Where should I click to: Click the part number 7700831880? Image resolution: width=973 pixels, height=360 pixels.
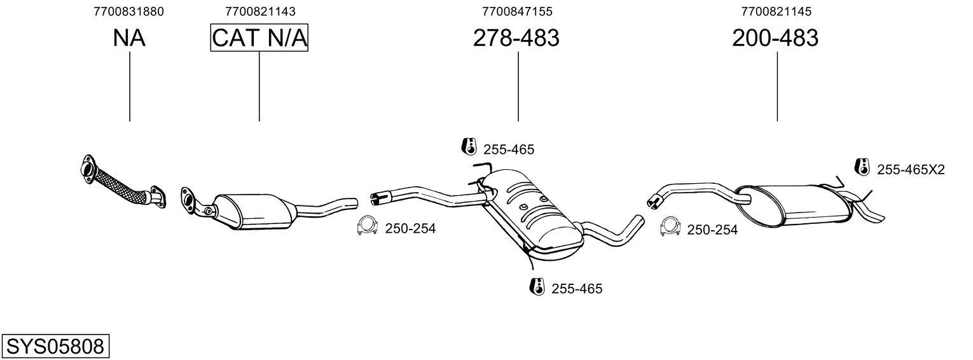128,11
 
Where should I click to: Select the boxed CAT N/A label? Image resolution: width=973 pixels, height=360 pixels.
259,38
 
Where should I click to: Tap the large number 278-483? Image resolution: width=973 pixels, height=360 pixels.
516,38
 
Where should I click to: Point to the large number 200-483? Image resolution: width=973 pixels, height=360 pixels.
775,38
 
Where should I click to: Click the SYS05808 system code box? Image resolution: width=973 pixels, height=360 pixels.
55,347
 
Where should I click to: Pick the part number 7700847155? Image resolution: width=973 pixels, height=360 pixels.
517,11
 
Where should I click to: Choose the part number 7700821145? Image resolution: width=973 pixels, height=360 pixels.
776,11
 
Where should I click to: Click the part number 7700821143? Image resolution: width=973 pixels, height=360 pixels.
259,11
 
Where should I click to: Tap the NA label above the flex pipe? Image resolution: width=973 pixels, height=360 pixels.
129,38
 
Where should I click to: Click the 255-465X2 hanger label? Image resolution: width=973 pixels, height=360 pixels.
911,170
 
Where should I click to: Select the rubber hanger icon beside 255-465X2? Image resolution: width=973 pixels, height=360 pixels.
862,167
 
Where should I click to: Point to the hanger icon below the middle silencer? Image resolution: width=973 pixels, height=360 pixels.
537,286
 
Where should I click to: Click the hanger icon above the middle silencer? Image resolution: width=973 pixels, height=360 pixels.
469,146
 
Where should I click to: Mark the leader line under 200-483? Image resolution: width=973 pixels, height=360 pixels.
777,87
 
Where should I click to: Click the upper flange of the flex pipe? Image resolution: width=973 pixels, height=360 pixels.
89,168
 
